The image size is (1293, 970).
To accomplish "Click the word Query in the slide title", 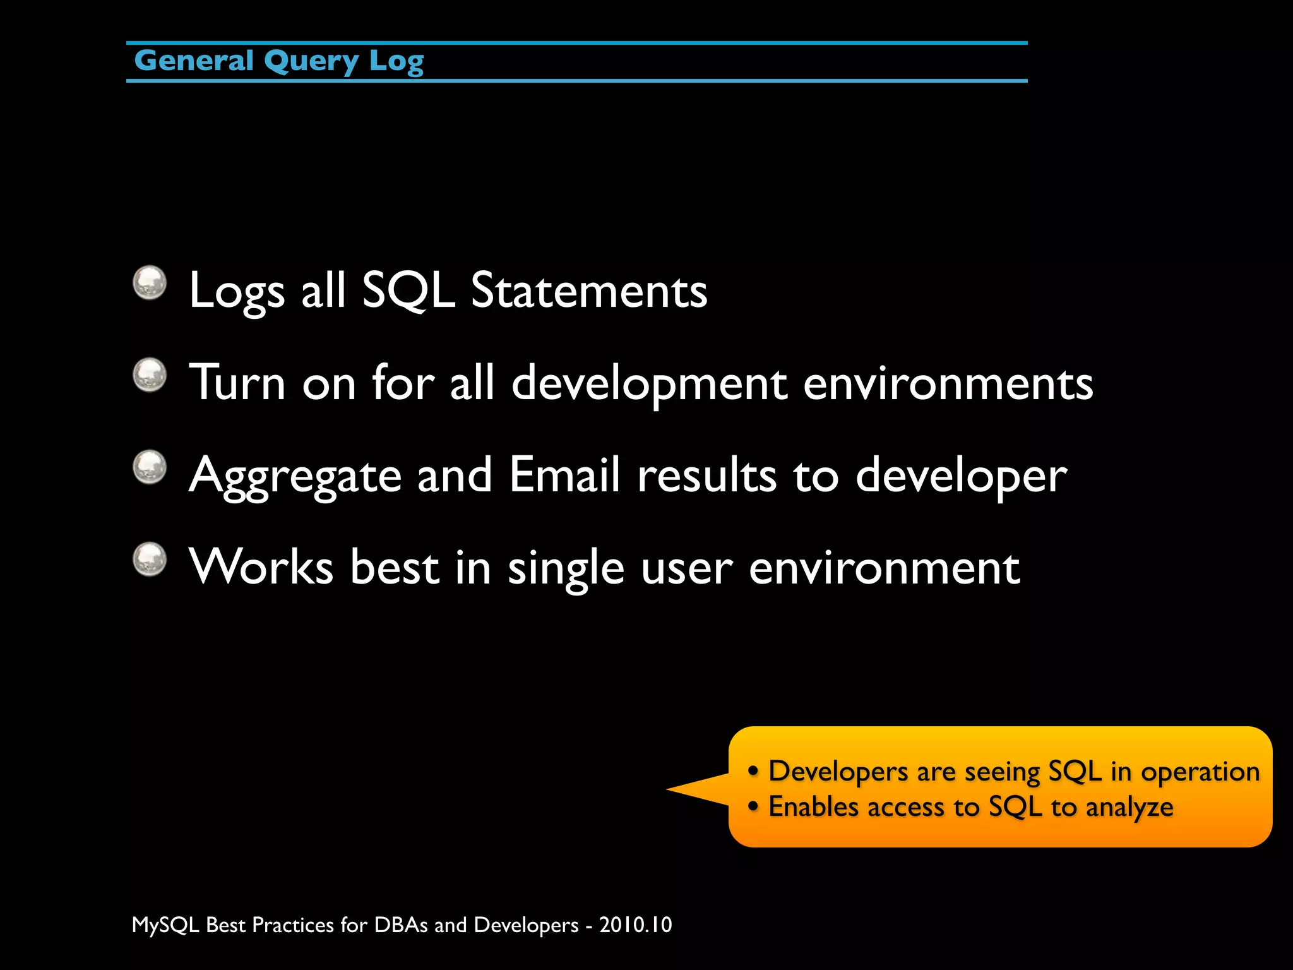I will point(311,62).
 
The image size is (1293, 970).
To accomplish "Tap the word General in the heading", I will point(194,61).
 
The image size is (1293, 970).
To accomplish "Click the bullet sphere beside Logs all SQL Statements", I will point(150,282).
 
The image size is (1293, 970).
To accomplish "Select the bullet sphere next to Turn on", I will point(150,375).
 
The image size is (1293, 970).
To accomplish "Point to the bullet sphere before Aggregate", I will point(150,467).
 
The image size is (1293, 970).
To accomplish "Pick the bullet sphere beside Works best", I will point(150,560).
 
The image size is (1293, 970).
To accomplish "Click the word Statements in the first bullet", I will point(588,290).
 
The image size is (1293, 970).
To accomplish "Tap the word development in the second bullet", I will point(649,384).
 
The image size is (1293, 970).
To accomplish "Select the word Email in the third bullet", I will point(564,475).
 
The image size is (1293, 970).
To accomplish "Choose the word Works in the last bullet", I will point(261,567).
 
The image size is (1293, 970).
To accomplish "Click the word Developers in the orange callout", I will point(838,772).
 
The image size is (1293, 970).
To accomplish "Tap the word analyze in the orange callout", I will point(1129,808).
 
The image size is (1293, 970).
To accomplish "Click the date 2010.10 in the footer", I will point(635,925).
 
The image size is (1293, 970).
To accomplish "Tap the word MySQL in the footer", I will point(165,925).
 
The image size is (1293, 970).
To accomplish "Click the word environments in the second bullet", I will point(948,384).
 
